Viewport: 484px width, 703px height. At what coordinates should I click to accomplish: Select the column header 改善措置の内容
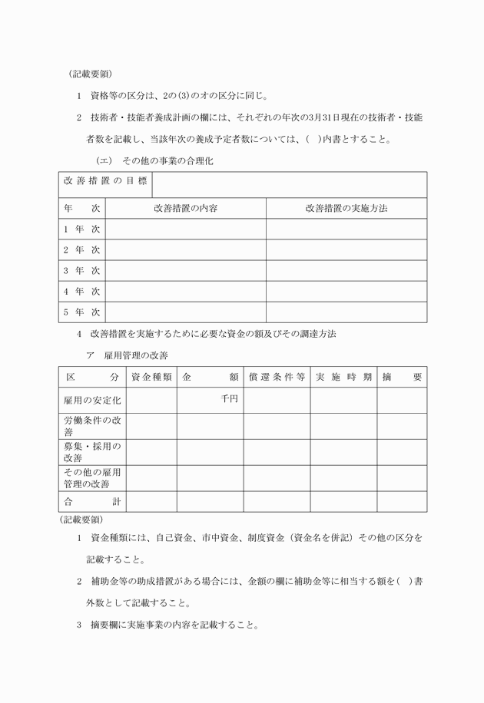tap(185, 208)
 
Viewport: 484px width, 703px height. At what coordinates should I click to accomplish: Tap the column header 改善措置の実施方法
tap(346, 208)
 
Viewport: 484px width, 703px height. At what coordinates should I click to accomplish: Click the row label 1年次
tap(82, 229)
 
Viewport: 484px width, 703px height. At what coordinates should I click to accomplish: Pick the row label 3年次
tap(82, 270)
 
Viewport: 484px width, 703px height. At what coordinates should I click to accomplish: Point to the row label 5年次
tap(82, 312)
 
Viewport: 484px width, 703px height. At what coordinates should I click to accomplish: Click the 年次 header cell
tap(82, 208)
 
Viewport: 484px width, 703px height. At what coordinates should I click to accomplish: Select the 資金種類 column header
tap(151, 378)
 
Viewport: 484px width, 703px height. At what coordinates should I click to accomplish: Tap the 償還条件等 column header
tap(277, 378)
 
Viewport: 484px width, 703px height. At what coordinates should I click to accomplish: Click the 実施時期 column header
tap(343, 378)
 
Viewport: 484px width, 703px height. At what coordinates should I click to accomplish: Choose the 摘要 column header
tap(402, 378)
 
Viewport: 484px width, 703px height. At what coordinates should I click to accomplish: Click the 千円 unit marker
tap(229, 398)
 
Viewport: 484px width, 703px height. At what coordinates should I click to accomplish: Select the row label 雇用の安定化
tap(93, 400)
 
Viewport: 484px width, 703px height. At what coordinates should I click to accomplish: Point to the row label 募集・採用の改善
tap(93, 452)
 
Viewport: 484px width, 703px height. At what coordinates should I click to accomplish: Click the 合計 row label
tap(93, 502)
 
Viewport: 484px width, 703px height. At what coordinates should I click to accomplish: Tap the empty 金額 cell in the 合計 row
tap(211, 502)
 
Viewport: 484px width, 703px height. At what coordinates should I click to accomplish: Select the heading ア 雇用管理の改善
tap(127, 355)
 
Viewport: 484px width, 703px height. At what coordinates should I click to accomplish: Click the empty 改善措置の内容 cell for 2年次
tap(185, 249)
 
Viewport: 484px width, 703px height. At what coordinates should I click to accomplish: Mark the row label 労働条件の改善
tap(93, 426)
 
